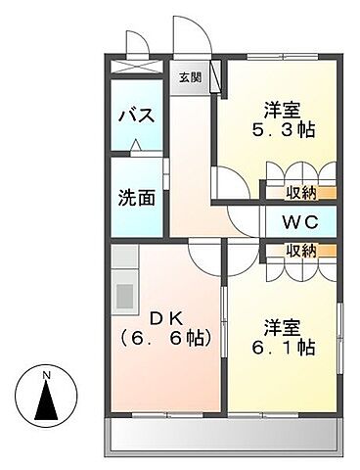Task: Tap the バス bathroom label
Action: coord(137,116)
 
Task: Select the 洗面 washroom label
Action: coord(138,196)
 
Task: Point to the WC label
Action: coord(297,221)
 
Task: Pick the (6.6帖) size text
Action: coord(165,339)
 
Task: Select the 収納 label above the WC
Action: coord(300,192)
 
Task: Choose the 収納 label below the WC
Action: coord(300,251)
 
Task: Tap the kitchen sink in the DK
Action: coord(125,294)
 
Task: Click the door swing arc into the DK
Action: coord(202,257)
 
